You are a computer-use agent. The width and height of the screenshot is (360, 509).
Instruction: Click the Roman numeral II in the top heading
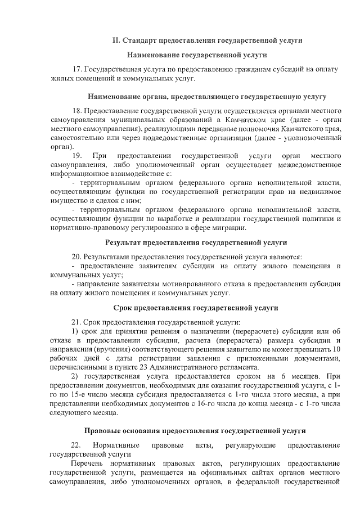pos(116,40)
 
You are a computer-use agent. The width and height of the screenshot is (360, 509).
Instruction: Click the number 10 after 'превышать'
pos(337,350)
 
